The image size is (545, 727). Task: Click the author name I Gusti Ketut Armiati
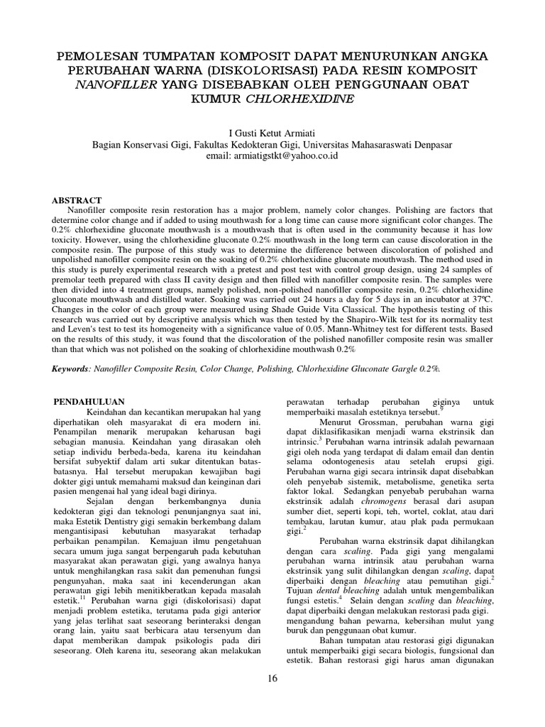click(x=272, y=133)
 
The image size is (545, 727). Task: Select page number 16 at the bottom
click(x=272, y=679)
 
